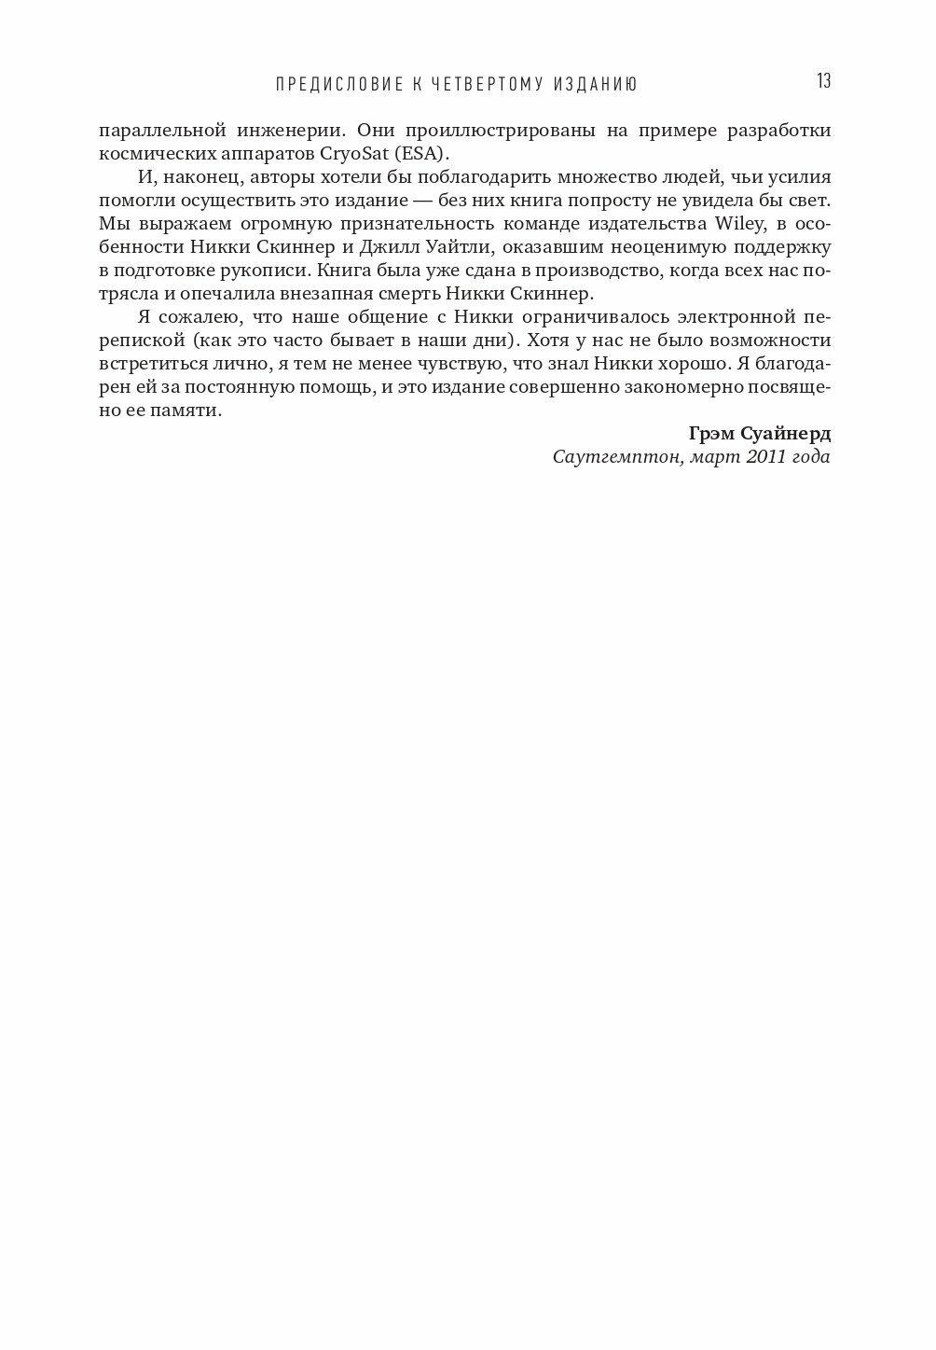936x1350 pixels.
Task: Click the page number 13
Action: coord(823,81)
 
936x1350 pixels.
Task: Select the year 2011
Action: coord(765,457)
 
